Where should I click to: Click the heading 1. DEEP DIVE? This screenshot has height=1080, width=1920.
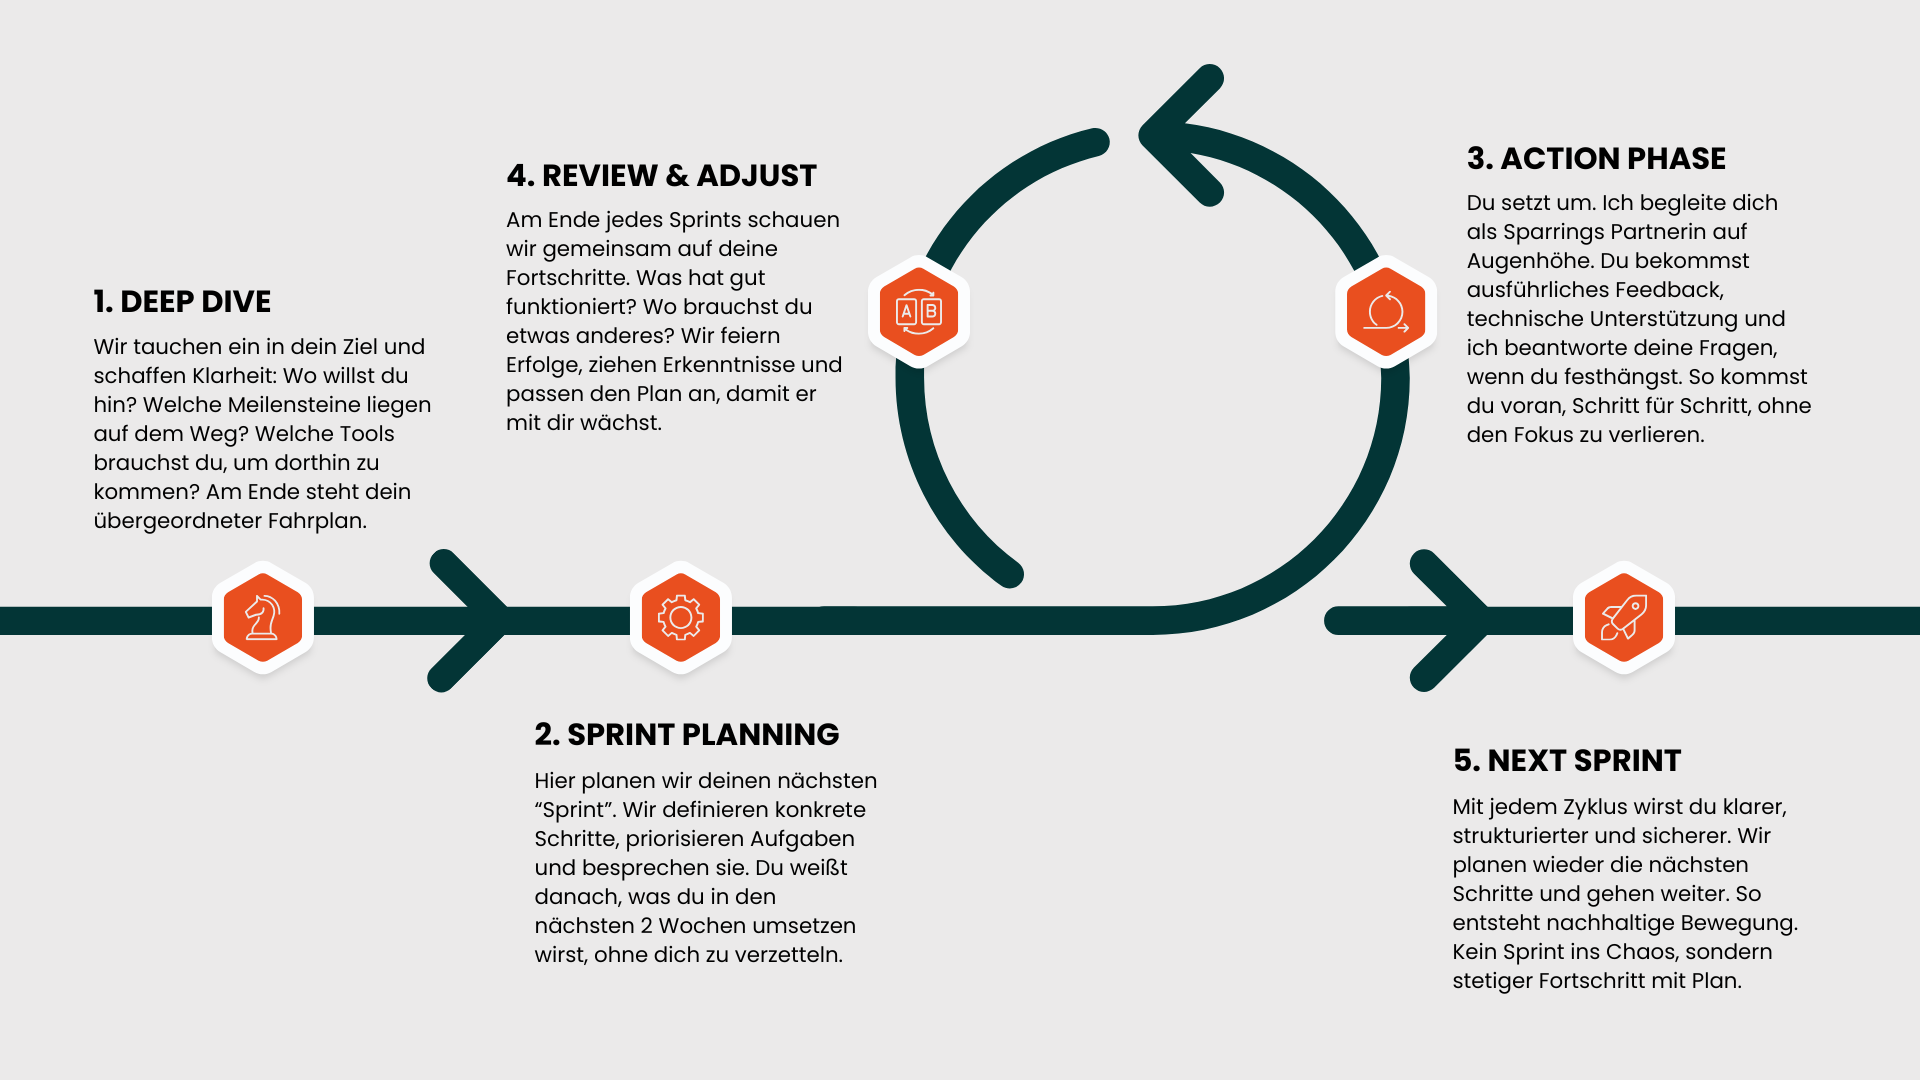[182, 302]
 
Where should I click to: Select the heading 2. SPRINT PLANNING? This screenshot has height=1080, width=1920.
[686, 735]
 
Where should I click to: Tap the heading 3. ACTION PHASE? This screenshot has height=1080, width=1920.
[1596, 159]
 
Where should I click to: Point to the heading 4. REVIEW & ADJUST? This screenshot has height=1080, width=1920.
[661, 176]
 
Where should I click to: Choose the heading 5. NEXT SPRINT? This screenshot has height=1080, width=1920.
[1566, 761]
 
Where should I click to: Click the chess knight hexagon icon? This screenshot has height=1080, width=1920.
[263, 618]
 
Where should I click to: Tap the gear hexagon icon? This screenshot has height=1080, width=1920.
[681, 618]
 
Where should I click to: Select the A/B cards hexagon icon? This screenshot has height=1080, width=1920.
[919, 312]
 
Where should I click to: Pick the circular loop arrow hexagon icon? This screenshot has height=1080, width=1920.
[1386, 312]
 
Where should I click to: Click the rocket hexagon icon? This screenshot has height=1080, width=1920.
[1624, 618]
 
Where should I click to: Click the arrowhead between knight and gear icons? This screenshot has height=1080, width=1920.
[475, 620]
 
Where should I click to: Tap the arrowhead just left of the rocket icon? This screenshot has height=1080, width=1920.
[1455, 620]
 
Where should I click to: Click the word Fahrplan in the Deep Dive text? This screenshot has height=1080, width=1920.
[317, 521]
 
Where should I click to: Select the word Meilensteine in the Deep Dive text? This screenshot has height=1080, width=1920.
[307, 405]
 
